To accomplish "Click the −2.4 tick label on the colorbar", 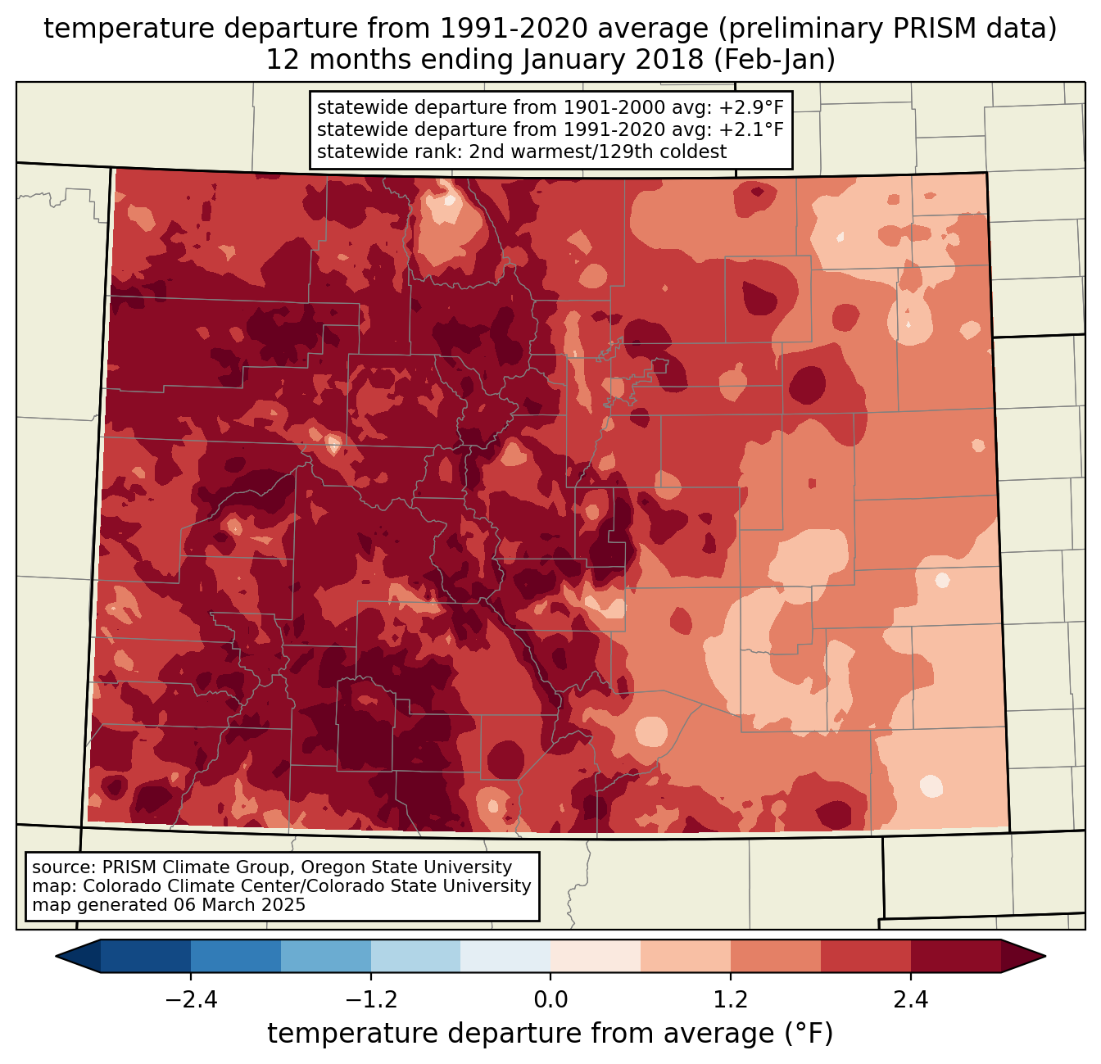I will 191,1000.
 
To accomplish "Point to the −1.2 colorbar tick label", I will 370,1000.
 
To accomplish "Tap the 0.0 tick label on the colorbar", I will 550,1000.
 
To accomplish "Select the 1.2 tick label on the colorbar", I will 731,1000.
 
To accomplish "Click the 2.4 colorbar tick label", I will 911,1000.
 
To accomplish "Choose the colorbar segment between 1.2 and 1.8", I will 776,956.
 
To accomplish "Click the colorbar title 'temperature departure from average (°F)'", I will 550,1034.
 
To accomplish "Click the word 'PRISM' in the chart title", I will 950,29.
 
